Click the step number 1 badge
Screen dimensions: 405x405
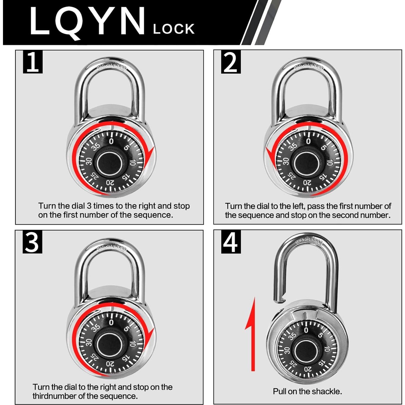pos(33,62)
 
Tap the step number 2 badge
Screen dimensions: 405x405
pos(231,62)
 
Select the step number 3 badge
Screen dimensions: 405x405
pos(32,242)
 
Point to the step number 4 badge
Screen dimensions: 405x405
pos(231,242)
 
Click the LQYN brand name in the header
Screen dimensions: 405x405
pos(87,22)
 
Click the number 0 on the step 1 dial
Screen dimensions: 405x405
pos(111,141)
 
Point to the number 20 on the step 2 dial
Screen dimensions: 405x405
pos(307,183)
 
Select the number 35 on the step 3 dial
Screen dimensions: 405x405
pos(95,328)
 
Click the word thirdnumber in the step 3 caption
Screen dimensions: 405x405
pos(54,396)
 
